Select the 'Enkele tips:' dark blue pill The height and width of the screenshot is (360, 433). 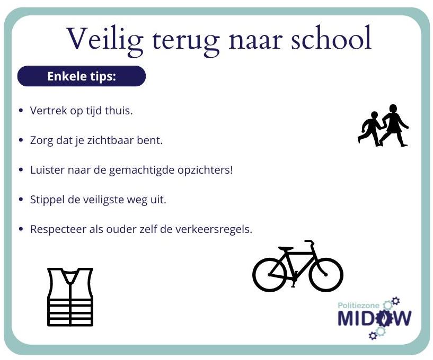coord(82,76)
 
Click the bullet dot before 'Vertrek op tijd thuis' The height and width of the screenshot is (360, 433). coord(21,111)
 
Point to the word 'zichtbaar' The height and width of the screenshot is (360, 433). coord(110,140)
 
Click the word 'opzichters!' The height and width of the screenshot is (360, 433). coord(205,170)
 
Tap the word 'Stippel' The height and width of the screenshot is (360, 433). coord(48,200)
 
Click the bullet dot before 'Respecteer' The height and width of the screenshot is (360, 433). coord(21,229)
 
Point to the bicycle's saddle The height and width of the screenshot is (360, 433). coord(286,248)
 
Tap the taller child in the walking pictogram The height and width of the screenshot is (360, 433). coord(393,125)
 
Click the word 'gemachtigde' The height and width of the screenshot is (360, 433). coord(142,170)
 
